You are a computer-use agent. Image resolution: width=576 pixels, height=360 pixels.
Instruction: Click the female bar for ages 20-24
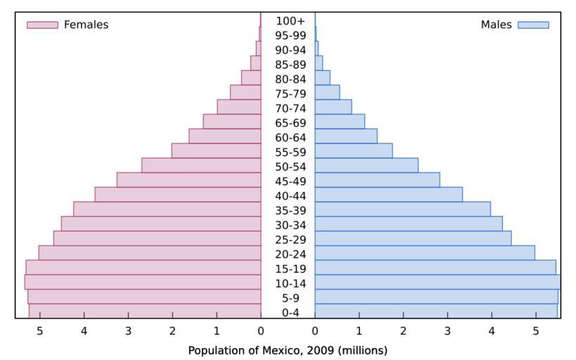pos(149,252)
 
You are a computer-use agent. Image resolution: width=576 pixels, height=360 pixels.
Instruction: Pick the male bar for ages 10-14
pos(437,282)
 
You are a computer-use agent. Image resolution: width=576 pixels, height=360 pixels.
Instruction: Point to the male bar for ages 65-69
pos(340,122)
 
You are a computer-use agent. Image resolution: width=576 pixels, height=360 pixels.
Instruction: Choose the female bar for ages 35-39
pos(167,209)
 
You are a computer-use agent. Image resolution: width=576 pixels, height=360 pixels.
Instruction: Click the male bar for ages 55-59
pos(353,150)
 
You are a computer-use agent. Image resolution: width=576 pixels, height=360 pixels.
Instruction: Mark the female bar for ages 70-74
pos(238,107)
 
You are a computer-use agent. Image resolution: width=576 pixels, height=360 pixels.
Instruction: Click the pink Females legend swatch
pos(42,25)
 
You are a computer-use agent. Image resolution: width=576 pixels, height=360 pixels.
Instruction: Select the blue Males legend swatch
pos(533,25)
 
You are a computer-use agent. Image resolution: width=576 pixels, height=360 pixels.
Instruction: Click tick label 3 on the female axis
pos(128,331)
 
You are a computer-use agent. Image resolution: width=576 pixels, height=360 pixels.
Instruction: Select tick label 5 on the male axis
pos(535,331)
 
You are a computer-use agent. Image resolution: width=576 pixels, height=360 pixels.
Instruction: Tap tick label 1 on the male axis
pos(359,331)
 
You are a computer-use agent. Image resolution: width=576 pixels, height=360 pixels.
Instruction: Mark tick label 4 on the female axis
pos(84,331)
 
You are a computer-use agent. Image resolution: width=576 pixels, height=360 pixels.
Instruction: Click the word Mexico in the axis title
pos(274,349)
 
